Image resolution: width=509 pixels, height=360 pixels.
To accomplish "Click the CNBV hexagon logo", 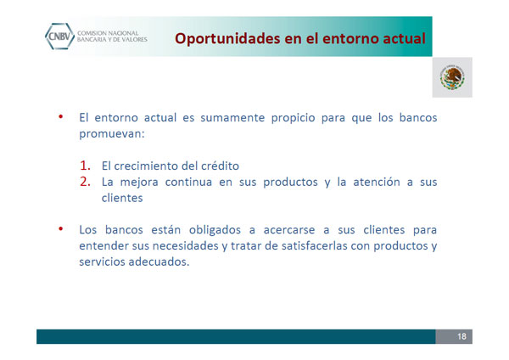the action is [x=59, y=36].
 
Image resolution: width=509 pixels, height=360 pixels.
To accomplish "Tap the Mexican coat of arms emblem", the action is [x=452, y=77].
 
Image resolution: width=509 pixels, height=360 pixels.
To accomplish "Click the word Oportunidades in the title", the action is [x=227, y=39].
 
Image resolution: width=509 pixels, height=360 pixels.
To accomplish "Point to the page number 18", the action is [x=461, y=336].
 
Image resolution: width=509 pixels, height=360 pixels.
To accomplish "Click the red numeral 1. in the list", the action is [x=85, y=166].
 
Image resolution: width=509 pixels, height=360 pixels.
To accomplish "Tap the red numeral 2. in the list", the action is [x=85, y=182].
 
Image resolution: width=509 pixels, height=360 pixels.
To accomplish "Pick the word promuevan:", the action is [x=112, y=134].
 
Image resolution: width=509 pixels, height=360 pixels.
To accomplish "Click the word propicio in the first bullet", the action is [x=294, y=118].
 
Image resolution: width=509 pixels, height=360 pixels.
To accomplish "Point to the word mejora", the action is [x=139, y=182].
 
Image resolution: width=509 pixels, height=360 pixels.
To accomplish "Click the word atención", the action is [x=377, y=182].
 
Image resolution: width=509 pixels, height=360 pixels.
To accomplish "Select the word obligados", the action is [x=215, y=230].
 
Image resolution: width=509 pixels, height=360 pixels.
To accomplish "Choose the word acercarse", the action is [x=289, y=230].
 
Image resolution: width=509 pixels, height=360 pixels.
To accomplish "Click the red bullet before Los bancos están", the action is [x=61, y=229].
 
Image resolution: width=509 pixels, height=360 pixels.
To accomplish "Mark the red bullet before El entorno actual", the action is [x=61, y=116].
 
